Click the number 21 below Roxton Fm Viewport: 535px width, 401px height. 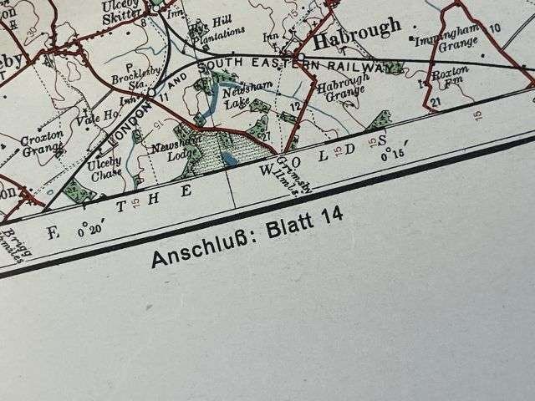coord(436,102)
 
